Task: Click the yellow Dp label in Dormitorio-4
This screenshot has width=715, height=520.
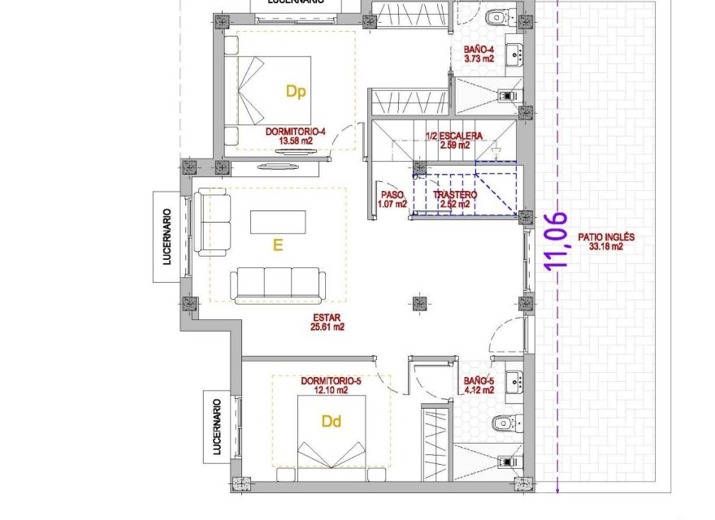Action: click(x=296, y=92)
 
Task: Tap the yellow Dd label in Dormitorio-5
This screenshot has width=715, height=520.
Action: click(x=331, y=422)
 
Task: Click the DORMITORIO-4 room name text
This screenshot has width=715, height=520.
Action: click(x=295, y=132)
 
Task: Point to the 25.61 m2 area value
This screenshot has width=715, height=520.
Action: click(x=327, y=327)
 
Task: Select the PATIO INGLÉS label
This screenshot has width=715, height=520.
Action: click(x=605, y=238)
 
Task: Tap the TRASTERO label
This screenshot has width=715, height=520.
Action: click(x=455, y=196)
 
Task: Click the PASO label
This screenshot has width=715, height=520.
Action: click(x=392, y=195)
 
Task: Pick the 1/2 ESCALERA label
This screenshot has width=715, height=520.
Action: click(x=453, y=136)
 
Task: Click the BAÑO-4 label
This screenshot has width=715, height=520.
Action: click(x=479, y=50)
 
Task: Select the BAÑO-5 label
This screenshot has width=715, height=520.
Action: click(x=479, y=380)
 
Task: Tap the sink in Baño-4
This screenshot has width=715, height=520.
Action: click(x=513, y=56)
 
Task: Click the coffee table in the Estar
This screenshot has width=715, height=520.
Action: click(x=278, y=222)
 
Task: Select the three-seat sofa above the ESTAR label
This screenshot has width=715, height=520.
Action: click(x=278, y=284)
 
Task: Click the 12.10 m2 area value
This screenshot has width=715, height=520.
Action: click(x=331, y=390)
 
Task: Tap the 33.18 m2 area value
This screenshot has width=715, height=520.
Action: click(x=605, y=247)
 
